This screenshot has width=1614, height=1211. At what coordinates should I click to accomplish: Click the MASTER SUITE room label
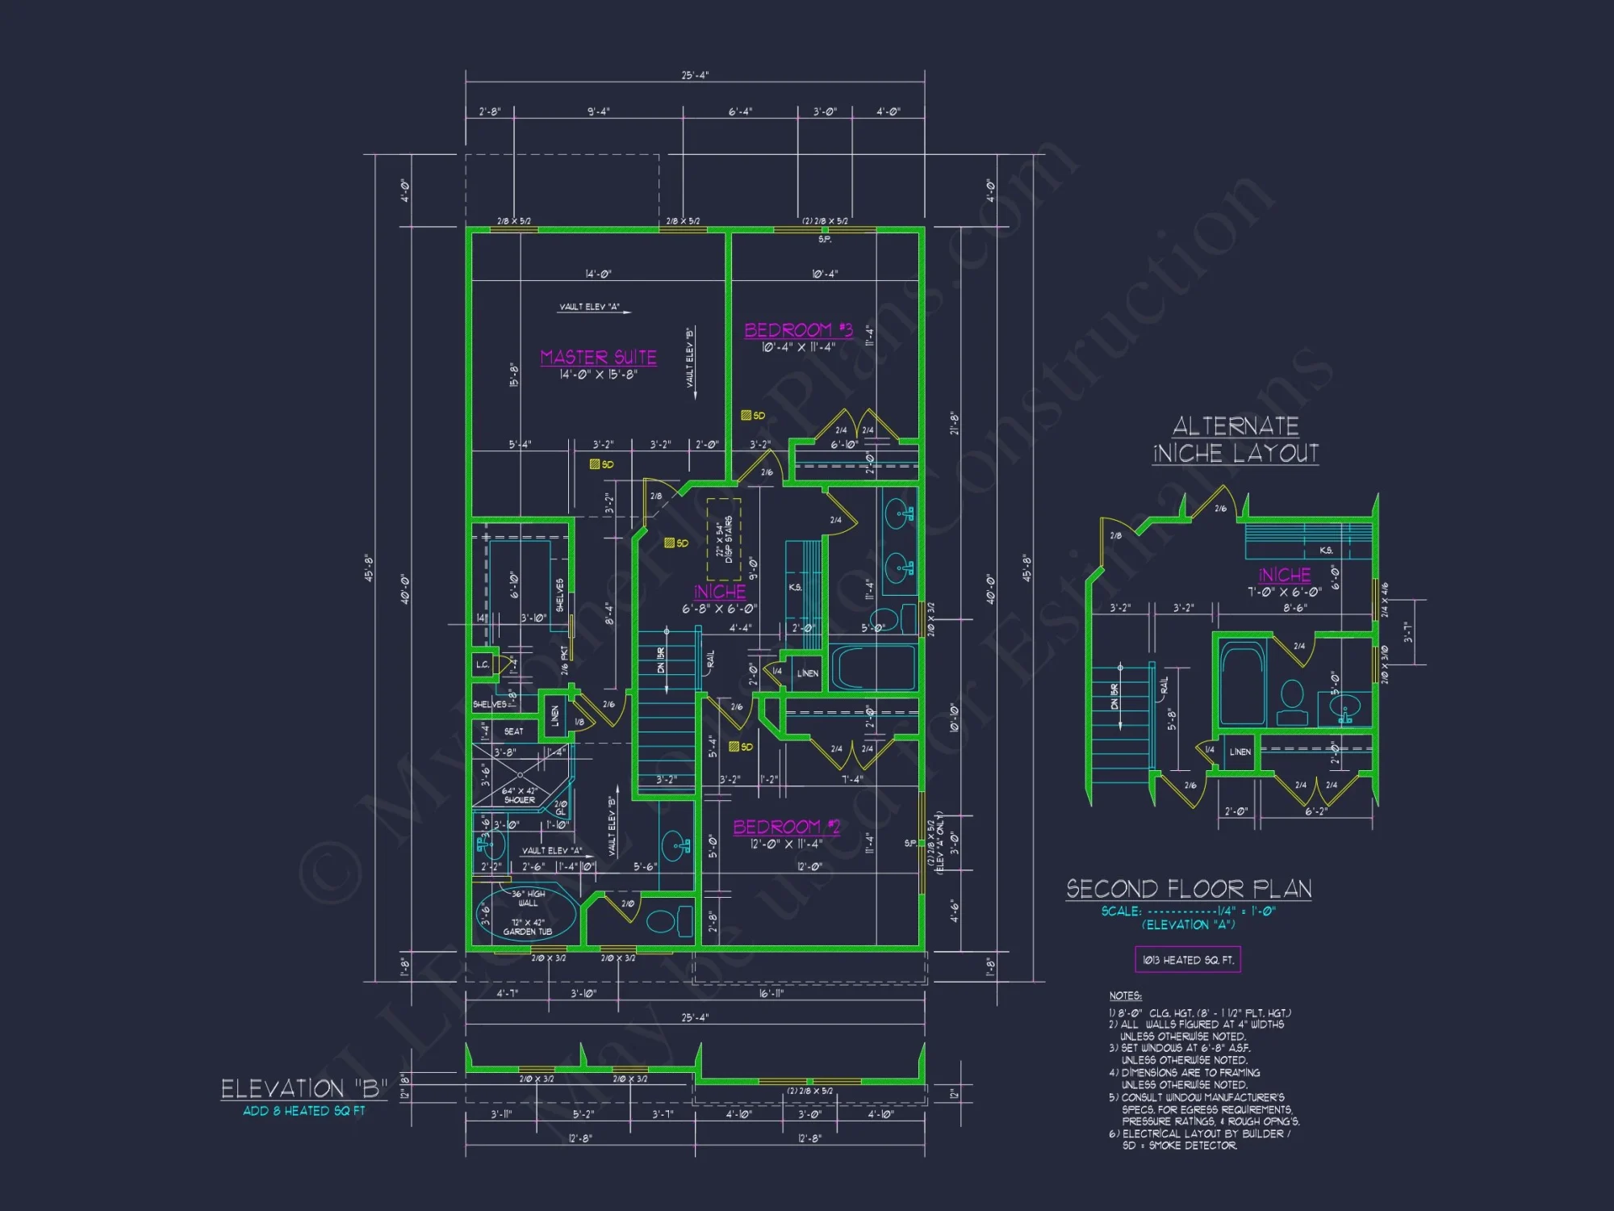pos(598,357)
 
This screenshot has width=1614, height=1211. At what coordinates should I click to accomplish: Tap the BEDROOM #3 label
pos(798,330)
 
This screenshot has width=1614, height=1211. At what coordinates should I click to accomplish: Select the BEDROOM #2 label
pos(786,827)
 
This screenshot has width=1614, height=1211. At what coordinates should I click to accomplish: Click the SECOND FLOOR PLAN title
pos(1188,889)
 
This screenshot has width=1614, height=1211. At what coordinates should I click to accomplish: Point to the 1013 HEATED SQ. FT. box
pos(1187,960)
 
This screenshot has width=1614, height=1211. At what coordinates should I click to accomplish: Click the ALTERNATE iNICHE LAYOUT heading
pos(1236,440)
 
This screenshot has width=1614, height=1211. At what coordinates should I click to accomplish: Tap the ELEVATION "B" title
pos(303,1089)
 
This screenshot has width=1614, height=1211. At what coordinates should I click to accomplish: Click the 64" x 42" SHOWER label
pos(519,795)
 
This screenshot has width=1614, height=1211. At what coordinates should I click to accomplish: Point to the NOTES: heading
pos(1125,996)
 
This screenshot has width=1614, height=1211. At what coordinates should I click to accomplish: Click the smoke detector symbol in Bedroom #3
pos(746,416)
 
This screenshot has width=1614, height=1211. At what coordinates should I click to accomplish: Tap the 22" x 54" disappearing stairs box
pos(724,538)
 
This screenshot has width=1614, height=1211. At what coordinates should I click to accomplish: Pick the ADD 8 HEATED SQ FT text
pos(303,1111)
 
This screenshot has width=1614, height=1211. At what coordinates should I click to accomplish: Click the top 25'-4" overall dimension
pos(695,75)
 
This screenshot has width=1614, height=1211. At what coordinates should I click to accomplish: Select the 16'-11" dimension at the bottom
pos(771,994)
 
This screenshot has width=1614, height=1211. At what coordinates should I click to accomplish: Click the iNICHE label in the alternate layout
pos(1284,575)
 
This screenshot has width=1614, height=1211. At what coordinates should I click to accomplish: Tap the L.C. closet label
pos(482,664)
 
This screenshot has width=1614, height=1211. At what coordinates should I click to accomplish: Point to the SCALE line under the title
pos(1188,911)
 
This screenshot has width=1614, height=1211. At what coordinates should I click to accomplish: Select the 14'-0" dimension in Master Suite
pos(598,274)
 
